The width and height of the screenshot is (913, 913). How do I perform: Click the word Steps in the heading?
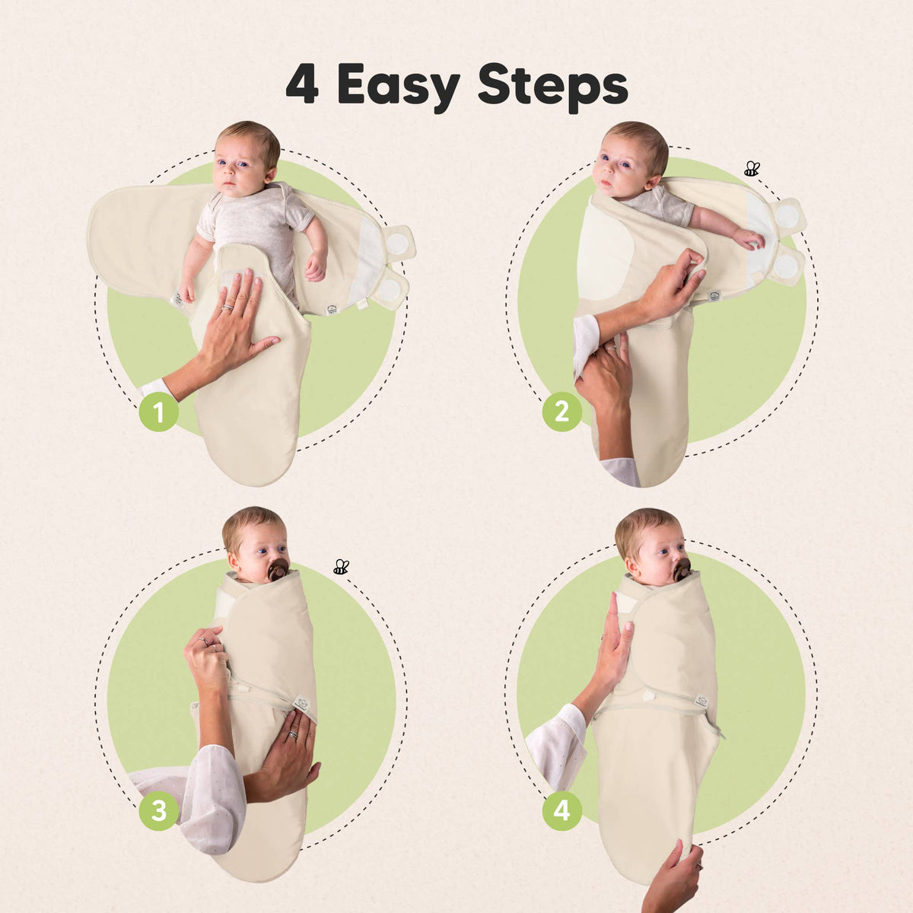[553, 87]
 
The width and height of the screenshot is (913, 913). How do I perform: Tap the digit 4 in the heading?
[302, 85]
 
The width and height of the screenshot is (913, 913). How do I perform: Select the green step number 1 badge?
[159, 412]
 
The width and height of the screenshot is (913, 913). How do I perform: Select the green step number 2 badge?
[562, 412]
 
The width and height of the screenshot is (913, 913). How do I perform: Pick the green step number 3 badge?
[159, 810]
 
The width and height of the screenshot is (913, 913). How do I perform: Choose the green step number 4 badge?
[562, 810]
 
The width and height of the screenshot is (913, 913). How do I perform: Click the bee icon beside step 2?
[752, 169]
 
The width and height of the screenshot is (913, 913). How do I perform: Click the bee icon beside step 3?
[341, 567]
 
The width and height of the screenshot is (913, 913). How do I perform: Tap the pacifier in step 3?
[278, 569]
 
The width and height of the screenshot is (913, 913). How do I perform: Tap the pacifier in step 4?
[682, 570]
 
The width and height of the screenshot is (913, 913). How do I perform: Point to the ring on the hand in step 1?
[227, 307]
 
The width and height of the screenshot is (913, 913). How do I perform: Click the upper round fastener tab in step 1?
[399, 243]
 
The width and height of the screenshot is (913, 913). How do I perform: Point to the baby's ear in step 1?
[272, 175]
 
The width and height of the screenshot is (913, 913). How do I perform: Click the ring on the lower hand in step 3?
[293, 734]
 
